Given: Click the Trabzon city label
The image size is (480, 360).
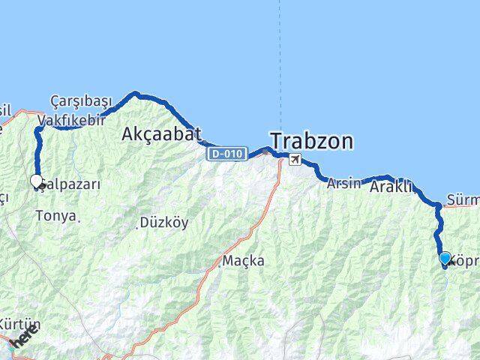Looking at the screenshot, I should point(312,141).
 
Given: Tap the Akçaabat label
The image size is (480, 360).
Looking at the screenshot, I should point(161,134).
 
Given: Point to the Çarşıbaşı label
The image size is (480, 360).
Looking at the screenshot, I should point(81,101).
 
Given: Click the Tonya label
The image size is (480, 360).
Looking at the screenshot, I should point(55,216).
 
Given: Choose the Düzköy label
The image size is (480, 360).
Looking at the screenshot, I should point(165,223).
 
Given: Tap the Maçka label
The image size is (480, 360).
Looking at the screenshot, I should point(244,261).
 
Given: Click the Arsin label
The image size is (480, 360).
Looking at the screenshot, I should point(344,183).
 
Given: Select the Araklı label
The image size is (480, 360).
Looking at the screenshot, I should point(391,187).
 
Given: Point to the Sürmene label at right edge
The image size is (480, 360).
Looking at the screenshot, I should point(462,200).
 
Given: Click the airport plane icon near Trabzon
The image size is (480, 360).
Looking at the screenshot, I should point(296,160).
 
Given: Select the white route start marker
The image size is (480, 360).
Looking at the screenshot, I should point(36,181).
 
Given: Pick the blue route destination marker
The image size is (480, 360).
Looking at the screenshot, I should point(445,259).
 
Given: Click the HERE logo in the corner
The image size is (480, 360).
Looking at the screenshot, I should point(22,340).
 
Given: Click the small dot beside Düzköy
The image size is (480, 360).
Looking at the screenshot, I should point(138,225).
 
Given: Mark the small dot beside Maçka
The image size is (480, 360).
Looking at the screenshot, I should point(221,263).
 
